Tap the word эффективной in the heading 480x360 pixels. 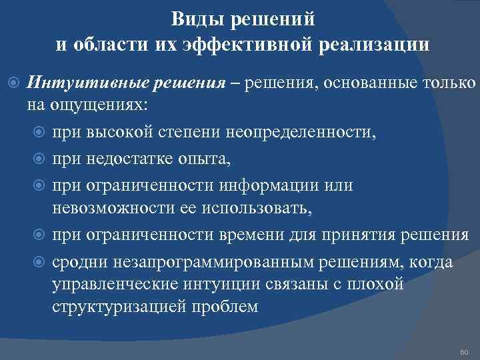(x=254, y=45)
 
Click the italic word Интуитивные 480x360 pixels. (x=86, y=83)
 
